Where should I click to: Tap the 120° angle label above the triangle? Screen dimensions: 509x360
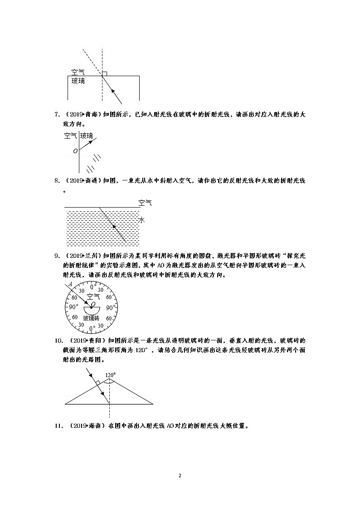[110, 375]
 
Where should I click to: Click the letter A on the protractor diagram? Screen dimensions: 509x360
[71, 285]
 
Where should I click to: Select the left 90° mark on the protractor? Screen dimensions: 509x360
[73, 307]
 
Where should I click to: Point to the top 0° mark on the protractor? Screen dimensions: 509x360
[92, 287]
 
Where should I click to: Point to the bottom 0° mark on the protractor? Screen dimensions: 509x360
[92, 328]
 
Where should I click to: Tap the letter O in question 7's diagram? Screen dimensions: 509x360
[75, 151]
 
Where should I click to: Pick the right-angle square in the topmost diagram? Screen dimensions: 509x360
[105, 73]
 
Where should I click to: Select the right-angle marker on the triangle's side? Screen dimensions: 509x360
[97, 383]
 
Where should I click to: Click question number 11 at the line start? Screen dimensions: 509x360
[58, 426]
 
